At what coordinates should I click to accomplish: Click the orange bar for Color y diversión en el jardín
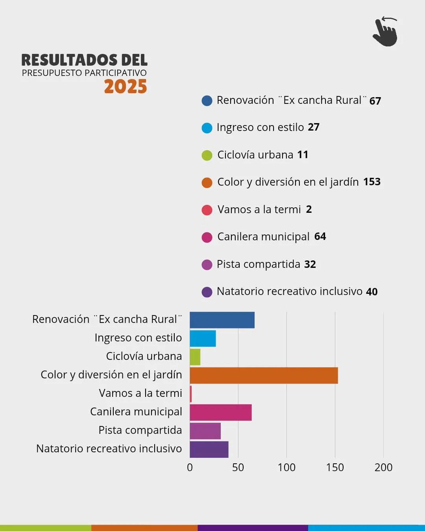click(x=264, y=375)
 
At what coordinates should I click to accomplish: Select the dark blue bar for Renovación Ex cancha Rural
click(x=222, y=320)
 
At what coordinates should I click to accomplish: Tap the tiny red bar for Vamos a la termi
click(x=191, y=394)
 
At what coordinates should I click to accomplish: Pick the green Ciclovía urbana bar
click(x=195, y=357)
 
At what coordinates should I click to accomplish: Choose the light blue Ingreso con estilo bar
click(x=203, y=338)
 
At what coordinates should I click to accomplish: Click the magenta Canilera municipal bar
click(x=220, y=412)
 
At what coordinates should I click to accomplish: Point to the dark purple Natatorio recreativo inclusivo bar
click(x=209, y=449)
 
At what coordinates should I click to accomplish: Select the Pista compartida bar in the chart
click(x=205, y=431)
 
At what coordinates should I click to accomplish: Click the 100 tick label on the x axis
click(x=286, y=467)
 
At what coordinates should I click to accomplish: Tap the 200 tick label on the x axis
click(x=383, y=467)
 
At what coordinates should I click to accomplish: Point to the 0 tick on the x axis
click(x=190, y=467)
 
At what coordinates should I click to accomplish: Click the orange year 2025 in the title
click(x=126, y=87)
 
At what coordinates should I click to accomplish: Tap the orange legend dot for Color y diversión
click(x=207, y=183)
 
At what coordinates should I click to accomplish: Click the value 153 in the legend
click(x=371, y=182)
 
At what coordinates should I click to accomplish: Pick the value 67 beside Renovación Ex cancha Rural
click(x=375, y=101)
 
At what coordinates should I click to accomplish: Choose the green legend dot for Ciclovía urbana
click(x=207, y=155)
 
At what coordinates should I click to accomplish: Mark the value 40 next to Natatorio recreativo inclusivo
click(x=371, y=291)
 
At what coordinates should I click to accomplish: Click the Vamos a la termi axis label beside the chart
click(x=140, y=393)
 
